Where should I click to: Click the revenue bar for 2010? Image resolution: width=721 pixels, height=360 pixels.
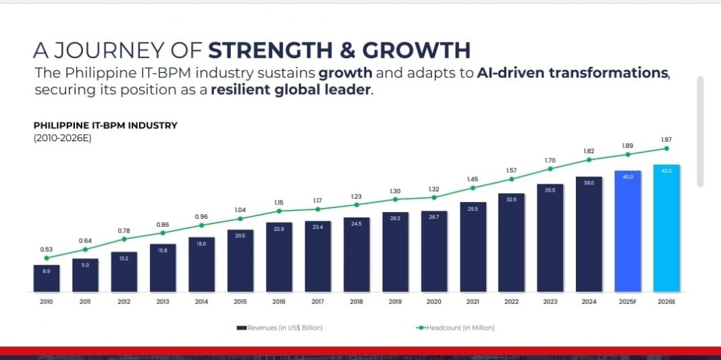click(x=47, y=278)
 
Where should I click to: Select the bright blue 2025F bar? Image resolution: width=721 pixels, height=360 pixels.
click(x=627, y=232)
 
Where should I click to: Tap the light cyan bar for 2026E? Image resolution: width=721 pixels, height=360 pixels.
click(x=666, y=228)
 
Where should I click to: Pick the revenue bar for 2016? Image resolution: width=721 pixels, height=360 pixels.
click(x=279, y=257)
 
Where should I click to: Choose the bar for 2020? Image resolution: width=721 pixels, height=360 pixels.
click(x=434, y=252)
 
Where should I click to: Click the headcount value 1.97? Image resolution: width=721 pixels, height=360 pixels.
click(x=666, y=139)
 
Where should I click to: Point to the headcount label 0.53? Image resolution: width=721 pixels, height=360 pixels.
click(x=47, y=249)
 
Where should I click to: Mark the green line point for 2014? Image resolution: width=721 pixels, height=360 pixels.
click(x=201, y=225)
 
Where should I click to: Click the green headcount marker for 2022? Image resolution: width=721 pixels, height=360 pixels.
click(x=512, y=179)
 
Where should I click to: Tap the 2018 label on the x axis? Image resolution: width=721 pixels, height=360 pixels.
click(x=356, y=301)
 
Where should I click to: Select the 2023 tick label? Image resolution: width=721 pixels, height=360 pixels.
click(x=550, y=301)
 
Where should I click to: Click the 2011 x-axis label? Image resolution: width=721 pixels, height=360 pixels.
click(x=85, y=301)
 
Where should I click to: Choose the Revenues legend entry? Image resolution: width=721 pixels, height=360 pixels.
click(x=279, y=328)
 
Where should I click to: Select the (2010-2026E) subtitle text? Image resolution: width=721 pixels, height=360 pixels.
click(x=62, y=138)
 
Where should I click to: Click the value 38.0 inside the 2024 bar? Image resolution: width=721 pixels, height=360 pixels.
click(x=589, y=183)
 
